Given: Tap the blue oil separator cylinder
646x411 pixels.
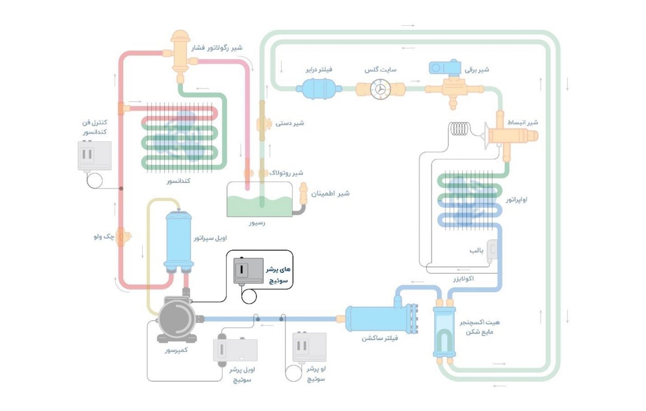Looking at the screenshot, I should point(178,239).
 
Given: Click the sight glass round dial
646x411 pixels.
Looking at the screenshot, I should point(381,89).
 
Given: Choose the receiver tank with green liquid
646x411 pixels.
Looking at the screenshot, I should point(260,200).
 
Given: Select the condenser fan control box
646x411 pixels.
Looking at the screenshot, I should point(93,156).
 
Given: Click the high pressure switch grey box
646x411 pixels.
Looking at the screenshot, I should point(249,271).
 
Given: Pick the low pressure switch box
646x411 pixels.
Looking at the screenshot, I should point(309,348).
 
